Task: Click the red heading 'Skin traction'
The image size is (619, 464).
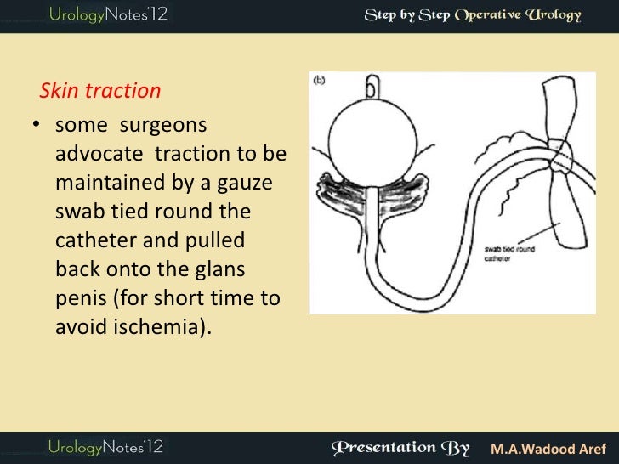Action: tap(100, 90)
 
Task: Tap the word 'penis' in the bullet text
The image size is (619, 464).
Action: tap(79, 299)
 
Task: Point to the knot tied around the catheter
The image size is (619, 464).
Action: tap(561, 157)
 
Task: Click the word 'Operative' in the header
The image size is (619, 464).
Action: tap(491, 16)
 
